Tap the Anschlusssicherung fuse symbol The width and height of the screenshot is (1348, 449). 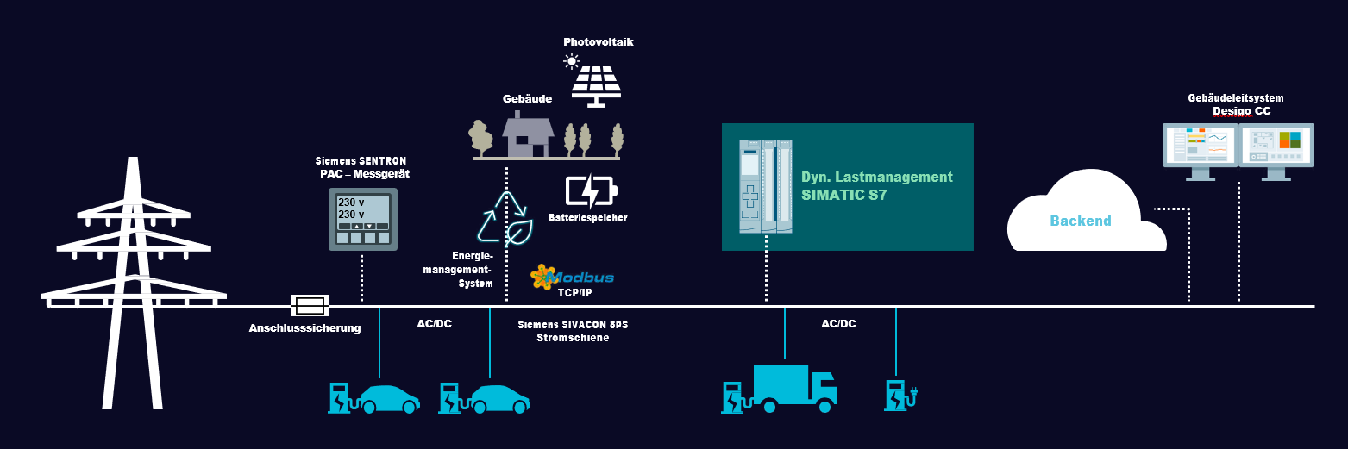coord(310,305)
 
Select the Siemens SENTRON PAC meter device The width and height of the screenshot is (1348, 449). coord(362,219)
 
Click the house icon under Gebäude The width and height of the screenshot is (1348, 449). coord(528,135)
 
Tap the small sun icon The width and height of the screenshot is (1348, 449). coord(571,60)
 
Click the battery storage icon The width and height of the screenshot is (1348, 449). coord(591,191)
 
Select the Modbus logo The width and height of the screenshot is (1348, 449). coord(573,277)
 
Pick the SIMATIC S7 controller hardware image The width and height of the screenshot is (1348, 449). coord(765,187)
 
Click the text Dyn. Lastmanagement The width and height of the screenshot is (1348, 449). coord(877,177)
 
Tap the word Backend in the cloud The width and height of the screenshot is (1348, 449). coord(1080,221)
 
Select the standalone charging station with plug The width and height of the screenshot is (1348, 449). coord(900,395)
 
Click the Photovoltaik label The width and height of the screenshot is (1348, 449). coord(599,41)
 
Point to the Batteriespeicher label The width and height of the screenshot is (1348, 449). coord(587,218)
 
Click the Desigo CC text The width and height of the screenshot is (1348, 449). coord(1241,111)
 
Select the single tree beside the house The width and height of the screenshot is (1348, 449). coord(480,137)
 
